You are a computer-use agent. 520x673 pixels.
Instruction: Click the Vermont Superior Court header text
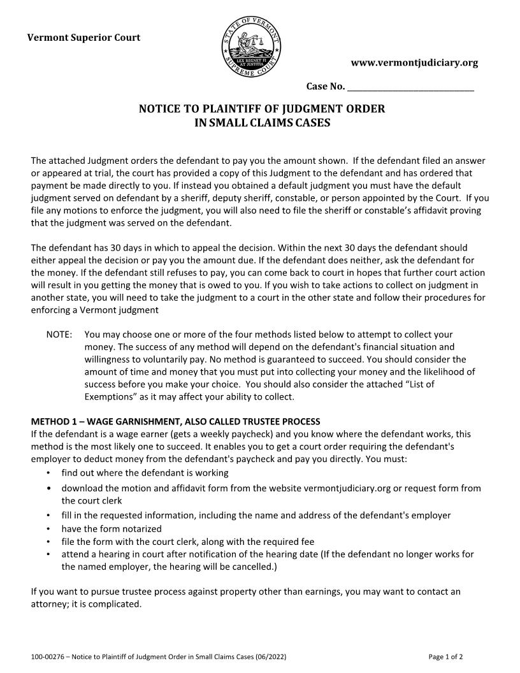coord(83,37)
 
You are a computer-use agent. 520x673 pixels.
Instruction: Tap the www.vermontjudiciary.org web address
coord(414,62)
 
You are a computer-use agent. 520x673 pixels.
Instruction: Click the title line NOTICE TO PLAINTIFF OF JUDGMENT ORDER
coord(262,108)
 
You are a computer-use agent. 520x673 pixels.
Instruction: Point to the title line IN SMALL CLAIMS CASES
coord(262,123)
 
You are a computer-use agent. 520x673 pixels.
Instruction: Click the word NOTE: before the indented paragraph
coord(59,335)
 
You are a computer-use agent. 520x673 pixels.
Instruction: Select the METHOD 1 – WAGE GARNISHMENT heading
coord(175,422)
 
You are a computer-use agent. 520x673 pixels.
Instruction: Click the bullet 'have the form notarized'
coord(112,528)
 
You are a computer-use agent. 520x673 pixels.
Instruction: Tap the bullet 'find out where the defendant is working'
coord(145,473)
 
